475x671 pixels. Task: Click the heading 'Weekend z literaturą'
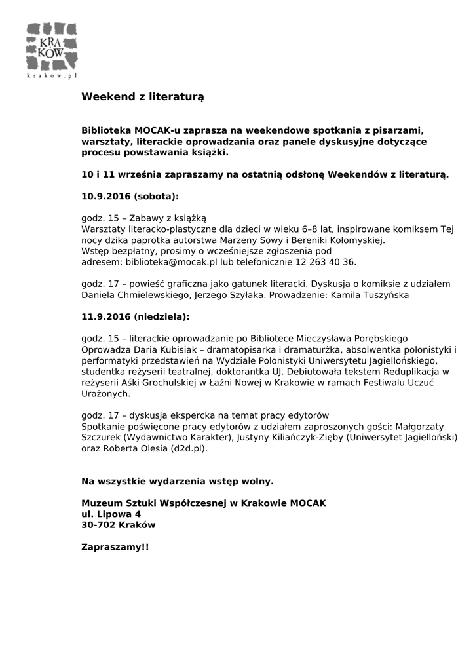coord(143,96)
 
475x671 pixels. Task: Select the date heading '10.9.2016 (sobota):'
coord(130,196)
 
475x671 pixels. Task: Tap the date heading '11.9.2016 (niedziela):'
coord(135,316)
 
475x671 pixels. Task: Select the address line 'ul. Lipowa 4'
coord(111,514)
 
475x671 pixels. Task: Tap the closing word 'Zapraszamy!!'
coord(115,546)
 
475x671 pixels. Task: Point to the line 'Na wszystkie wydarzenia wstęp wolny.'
coord(177,482)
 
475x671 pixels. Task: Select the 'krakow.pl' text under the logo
coord(52,76)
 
